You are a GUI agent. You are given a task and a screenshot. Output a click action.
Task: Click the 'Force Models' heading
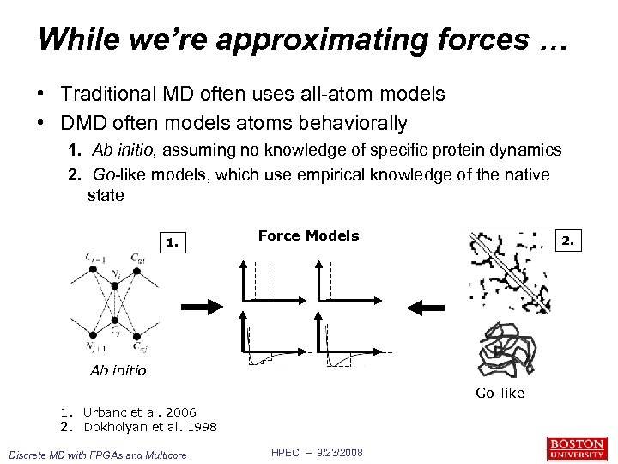[x=308, y=236]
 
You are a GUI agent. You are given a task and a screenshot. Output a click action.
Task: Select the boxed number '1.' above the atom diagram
[x=173, y=242]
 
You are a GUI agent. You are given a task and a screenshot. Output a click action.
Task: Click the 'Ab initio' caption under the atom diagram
[x=118, y=371]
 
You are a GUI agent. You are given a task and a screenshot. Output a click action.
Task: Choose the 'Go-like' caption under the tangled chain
[x=500, y=394]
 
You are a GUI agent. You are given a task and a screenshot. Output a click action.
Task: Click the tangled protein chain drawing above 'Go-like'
[x=500, y=350]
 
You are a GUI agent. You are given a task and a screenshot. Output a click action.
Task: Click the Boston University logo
[x=575, y=449]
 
